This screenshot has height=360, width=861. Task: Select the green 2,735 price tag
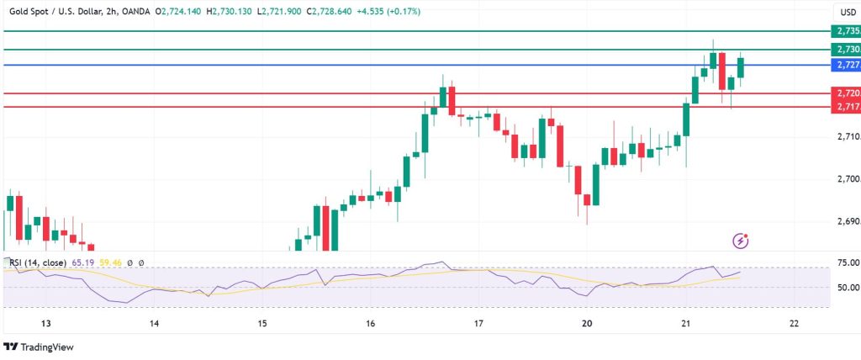844,30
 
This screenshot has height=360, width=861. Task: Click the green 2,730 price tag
844,50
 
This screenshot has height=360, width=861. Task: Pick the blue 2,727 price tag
844,64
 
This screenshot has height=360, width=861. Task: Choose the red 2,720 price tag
844,93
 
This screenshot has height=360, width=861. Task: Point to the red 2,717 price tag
844,107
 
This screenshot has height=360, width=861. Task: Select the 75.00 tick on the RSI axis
846,262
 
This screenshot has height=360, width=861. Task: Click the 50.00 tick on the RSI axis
846,287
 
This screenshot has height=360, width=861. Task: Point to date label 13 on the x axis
46,323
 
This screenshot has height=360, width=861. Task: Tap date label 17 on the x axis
478,323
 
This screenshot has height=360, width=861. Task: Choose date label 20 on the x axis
587,323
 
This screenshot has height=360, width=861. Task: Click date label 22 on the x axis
794,323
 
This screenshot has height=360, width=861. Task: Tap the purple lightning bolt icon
741,241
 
